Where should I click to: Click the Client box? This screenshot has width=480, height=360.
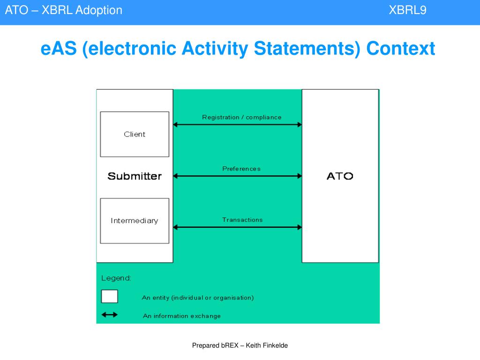[135, 134]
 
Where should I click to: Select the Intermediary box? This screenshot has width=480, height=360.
[135, 221]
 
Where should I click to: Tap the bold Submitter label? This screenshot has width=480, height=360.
[135, 176]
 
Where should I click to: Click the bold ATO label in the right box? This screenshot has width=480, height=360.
[340, 176]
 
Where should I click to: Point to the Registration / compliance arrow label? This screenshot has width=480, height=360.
[242, 117]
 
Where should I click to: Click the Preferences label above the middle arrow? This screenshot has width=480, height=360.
[241, 169]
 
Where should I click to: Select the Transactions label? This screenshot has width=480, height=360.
[242, 219]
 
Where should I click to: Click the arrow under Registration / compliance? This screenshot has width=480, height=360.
[238, 125]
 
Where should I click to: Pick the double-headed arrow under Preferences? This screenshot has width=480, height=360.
[238, 176]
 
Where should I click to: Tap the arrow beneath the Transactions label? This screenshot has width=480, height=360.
[238, 227]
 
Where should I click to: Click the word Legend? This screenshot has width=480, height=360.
[116, 278]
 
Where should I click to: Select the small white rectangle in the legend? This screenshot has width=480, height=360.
[110, 297]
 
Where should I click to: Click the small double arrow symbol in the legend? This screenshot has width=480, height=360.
[110, 315]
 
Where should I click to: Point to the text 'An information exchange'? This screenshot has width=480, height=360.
[182, 316]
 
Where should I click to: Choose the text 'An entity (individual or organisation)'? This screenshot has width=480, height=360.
[198, 298]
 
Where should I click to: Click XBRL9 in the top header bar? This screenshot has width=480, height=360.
[407, 10]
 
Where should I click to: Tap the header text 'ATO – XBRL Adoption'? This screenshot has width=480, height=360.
[64, 10]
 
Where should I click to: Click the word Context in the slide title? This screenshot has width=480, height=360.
[401, 48]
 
